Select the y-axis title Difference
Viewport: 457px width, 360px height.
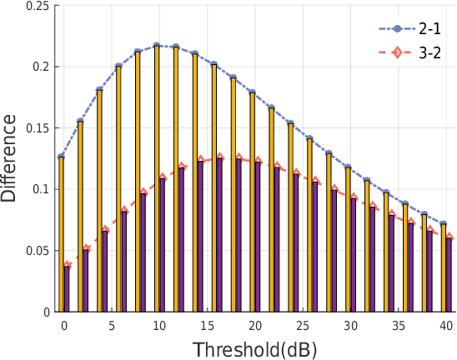tap(10, 158)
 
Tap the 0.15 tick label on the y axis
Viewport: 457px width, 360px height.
tap(38, 128)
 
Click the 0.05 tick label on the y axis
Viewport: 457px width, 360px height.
tap(38, 251)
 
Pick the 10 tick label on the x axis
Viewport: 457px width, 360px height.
tap(159, 325)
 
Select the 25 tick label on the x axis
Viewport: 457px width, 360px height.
tap(304, 325)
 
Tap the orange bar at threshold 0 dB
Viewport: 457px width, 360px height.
tap(61, 233)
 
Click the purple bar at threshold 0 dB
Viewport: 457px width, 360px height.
tap(67, 288)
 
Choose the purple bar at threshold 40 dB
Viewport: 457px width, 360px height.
tap(449, 275)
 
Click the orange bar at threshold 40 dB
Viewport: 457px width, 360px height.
tap(443, 267)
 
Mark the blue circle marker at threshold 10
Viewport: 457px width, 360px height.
tap(157, 46)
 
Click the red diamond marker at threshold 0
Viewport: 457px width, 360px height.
tap(67, 265)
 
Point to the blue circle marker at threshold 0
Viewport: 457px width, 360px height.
tap(61, 156)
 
